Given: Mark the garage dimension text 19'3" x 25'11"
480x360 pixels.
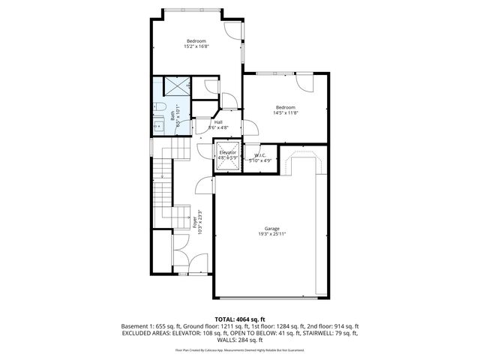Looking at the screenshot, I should click(271, 235).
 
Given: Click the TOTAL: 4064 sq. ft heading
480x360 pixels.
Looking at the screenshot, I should click(240, 319).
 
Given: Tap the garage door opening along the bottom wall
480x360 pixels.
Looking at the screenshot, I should click(265, 298).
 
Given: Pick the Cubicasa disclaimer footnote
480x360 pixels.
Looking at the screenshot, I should click(240, 350).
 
